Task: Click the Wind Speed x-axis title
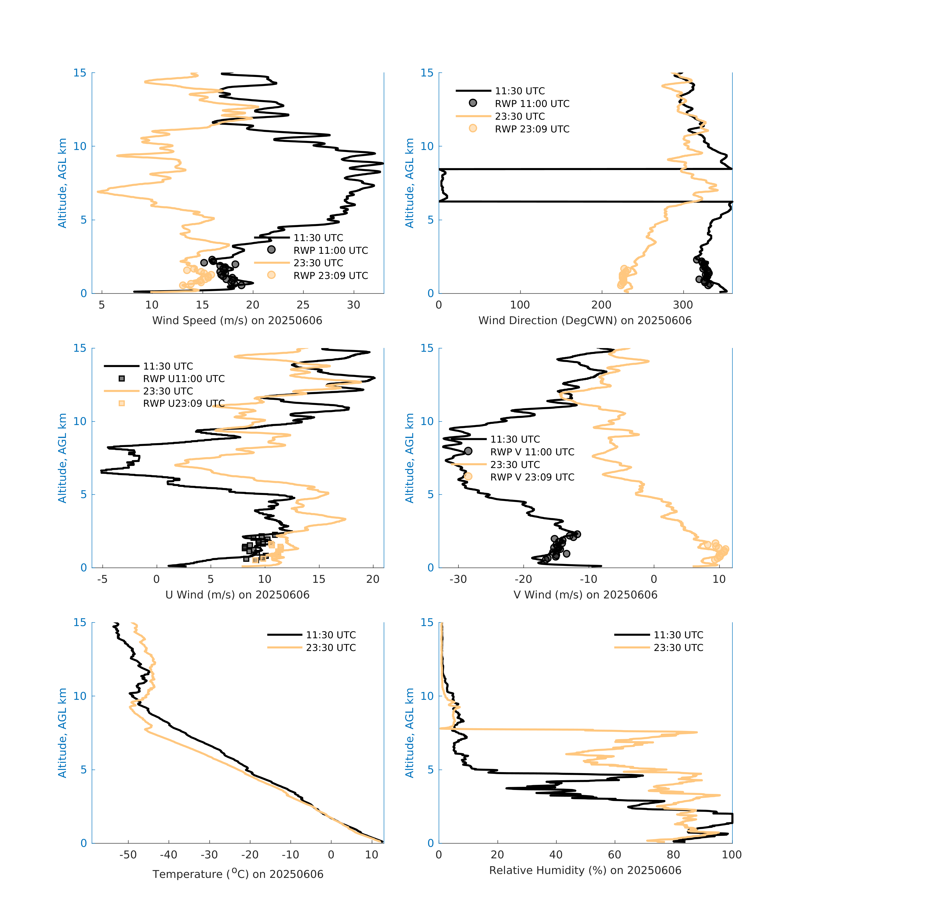pyautogui.click(x=237, y=320)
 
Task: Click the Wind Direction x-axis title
pyautogui.click(x=585, y=320)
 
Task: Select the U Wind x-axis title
pyautogui.click(x=237, y=595)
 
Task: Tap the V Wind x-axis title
pyautogui.click(x=585, y=595)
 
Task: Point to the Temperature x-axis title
pyautogui.click(x=238, y=874)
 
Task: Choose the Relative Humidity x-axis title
pyautogui.click(x=585, y=870)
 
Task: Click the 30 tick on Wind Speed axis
pyautogui.click(x=354, y=305)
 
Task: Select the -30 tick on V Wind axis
pyautogui.click(x=458, y=579)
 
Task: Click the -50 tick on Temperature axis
pyautogui.click(x=128, y=854)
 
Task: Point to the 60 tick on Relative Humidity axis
pyautogui.click(x=615, y=854)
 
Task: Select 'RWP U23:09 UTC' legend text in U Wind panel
pyautogui.click(x=184, y=403)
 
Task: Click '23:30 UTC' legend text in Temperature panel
pyautogui.click(x=331, y=648)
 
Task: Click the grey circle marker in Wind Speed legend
pyautogui.click(x=271, y=250)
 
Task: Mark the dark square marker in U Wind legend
pyautogui.click(x=122, y=379)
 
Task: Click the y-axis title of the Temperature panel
pyautogui.click(x=62, y=733)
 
